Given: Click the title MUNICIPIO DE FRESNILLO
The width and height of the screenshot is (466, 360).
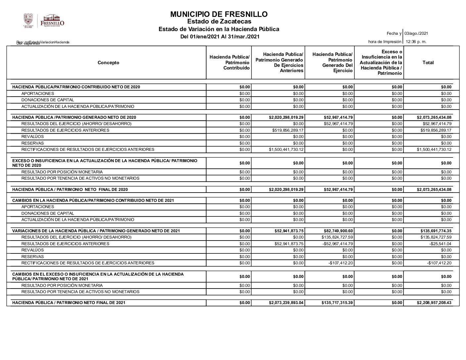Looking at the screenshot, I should coord(219,14).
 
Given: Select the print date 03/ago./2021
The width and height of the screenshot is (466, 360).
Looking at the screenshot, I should coord(416,33).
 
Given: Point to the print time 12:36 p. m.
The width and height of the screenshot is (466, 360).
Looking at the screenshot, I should coord(416,42).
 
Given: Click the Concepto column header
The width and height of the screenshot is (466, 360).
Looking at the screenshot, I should coord(109,63).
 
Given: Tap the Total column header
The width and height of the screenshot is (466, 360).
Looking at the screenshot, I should coord(428,63).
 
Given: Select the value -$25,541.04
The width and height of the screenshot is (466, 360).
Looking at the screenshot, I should coord(440,244).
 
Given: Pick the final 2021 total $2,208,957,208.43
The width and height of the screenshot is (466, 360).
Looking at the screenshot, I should coord(434,303).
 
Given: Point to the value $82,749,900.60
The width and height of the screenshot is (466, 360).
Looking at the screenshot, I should coord(339,231).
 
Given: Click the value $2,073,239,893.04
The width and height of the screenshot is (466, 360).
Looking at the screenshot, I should coord(286,303).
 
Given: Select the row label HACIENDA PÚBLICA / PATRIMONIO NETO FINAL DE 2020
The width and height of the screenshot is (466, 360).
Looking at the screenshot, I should coord(70,190).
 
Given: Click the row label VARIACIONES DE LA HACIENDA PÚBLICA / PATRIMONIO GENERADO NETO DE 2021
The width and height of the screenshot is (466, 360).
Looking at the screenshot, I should coord(96,231).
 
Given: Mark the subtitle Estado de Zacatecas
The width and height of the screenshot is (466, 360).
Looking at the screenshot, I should coord(219,22).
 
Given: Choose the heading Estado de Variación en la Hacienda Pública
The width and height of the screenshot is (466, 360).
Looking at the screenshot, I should coord(219,29).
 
